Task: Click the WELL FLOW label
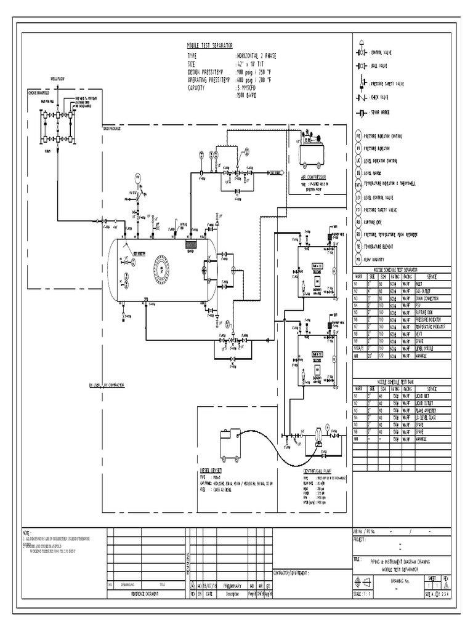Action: point(58,79)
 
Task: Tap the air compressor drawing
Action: point(313,150)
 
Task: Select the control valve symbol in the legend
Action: point(359,53)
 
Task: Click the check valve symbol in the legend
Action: point(359,97)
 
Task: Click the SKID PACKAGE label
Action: point(112,128)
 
